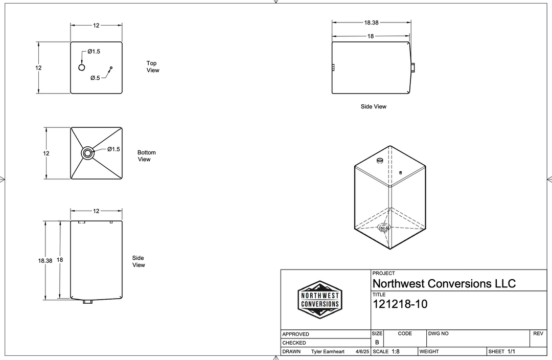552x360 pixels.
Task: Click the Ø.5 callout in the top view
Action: pos(95,78)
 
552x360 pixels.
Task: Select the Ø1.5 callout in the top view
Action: pos(94,52)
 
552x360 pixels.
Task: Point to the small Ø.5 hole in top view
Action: pos(111,67)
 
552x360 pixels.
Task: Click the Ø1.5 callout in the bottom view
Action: pos(113,149)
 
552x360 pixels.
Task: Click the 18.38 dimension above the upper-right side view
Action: pos(372,22)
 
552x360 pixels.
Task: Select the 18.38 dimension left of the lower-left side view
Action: pos(45,260)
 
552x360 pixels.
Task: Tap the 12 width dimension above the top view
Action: pos(96,25)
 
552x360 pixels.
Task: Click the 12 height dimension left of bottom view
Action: pos(46,153)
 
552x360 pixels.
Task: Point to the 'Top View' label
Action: pos(152,67)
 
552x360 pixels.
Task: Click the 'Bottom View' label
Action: pos(146,156)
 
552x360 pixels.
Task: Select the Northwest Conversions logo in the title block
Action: pos(320,300)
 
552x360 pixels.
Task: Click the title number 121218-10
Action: pos(400,304)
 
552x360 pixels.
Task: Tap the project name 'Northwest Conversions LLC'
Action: pos(444,283)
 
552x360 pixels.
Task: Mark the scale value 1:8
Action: pos(395,352)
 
